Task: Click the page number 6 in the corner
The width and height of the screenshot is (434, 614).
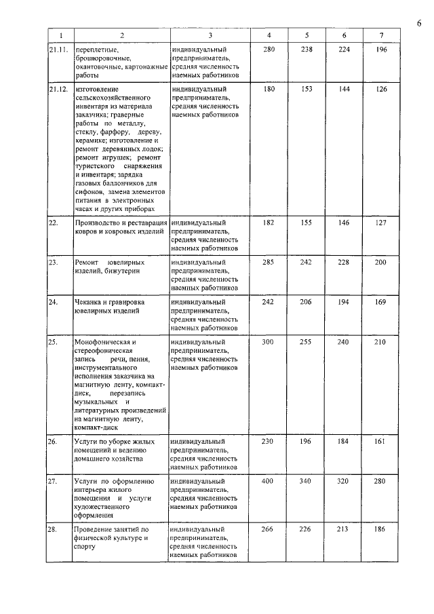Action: (x=419, y=24)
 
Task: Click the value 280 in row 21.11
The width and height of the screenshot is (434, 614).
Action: (x=269, y=50)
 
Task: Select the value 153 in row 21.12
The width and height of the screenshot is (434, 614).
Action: (x=307, y=89)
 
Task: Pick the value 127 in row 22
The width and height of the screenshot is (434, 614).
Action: (x=380, y=223)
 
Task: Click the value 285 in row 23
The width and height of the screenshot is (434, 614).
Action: (x=269, y=262)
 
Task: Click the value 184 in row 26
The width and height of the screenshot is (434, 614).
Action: (x=343, y=442)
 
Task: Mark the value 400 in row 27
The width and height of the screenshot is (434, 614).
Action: (x=269, y=481)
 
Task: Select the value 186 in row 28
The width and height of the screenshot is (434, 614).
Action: (x=380, y=529)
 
